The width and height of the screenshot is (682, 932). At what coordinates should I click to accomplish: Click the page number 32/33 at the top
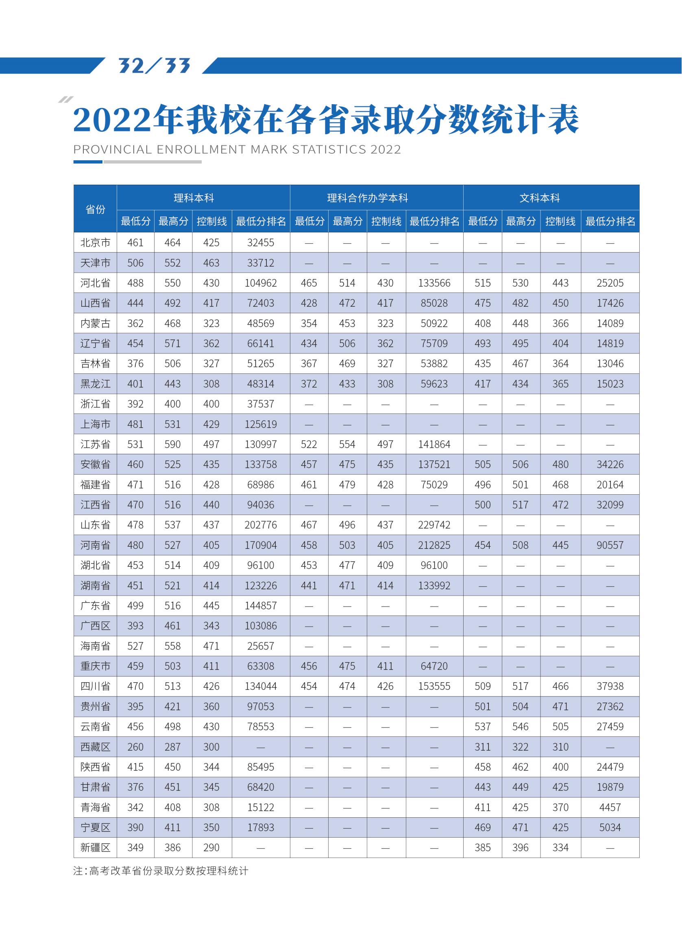click(x=154, y=65)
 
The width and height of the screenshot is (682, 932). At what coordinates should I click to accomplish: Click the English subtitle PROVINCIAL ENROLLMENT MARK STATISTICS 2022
click(x=237, y=149)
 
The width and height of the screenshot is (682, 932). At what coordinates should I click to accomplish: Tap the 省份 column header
click(x=95, y=209)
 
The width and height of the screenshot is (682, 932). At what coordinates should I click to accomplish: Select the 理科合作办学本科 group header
click(x=367, y=198)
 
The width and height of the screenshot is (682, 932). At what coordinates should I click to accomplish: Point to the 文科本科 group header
click(x=540, y=198)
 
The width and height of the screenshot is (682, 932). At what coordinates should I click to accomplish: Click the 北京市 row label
click(x=95, y=242)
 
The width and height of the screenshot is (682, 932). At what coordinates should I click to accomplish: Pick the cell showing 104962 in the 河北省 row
click(x=261, y=283)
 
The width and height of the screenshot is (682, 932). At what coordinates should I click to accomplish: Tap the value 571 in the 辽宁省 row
click(x=172, y=344)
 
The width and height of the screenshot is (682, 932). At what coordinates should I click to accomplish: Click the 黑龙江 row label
click(x=95, y=384)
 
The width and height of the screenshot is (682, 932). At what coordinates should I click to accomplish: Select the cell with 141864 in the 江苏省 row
click(x=434, y=444)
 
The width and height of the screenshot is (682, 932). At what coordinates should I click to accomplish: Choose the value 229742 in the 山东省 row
click(x=434, y=525)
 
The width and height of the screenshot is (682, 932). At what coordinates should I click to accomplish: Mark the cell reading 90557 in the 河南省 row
click(x=610, y=545)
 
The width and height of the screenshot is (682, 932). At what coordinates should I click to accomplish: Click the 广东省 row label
click(x=95, y=606)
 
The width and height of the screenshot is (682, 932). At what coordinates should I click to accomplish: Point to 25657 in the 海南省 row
click(x=261, y=646)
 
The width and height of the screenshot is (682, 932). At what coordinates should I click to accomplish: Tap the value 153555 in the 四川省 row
click(x=434, y=686)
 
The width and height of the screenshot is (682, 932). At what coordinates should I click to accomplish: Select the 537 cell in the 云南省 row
click(x=482, y=727)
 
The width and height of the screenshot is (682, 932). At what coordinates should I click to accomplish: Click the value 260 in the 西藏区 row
click(x=135, y=747)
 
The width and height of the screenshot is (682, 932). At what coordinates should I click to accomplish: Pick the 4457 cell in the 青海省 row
click(x=610, y=807)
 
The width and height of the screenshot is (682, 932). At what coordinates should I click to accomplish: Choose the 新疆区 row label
click(x=95, y=848)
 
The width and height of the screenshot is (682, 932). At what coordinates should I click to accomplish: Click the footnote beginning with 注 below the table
click(x=161, y=871)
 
